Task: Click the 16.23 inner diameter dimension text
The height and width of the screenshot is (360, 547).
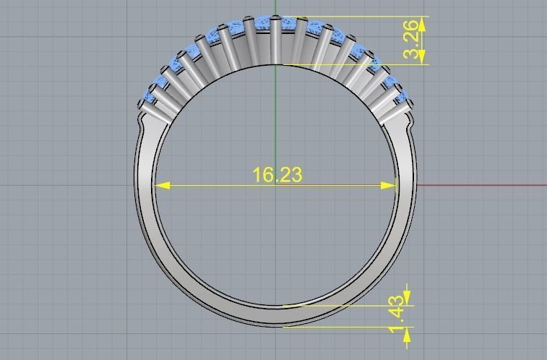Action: (277, 175)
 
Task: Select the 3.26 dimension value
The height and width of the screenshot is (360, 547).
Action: (410, 40)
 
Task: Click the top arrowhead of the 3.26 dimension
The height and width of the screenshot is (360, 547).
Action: (422, 23)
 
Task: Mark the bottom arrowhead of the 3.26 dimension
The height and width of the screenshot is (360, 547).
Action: (422, 58)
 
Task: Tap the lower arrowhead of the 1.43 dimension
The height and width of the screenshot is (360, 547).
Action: (408, 333)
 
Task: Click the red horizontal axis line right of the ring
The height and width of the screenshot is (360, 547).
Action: (484, 185)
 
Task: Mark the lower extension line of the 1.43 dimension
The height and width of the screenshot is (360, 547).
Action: (347, 327)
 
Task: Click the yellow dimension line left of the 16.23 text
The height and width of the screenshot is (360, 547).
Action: (210, 185)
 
